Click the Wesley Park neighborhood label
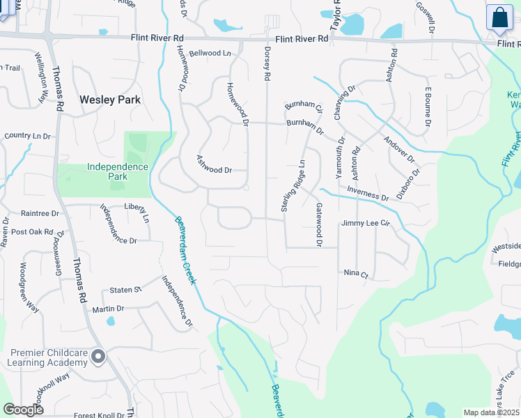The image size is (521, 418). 110,100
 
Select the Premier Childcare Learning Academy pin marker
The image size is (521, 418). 98,357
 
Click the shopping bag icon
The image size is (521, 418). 500,17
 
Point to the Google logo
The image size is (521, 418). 23,410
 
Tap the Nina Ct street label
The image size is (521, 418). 355,274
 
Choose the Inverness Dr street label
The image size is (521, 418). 367,194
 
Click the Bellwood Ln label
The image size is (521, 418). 209,53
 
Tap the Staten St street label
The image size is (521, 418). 126,289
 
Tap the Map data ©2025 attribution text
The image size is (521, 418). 492,412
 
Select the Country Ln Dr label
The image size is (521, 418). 27,136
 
